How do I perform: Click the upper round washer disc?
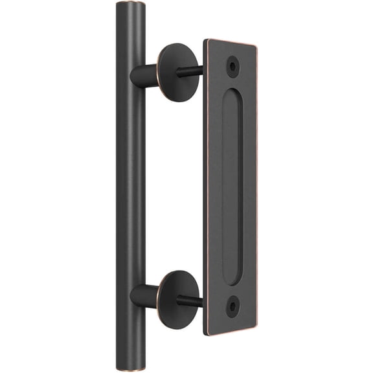tap(177, 72)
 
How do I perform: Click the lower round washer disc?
tap(177, 299)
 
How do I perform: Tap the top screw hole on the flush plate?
tap(232, 65)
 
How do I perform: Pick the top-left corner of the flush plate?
tap(205, 41)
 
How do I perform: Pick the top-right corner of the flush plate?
tap(256, 47)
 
